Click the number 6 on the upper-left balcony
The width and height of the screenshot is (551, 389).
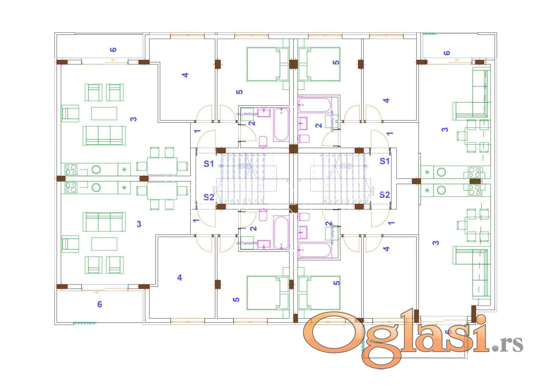[113, 50]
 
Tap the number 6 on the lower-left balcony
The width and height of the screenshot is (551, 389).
[99, 304]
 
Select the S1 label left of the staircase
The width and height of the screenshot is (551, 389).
[209, 164]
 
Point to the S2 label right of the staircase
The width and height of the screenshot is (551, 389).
[384, 195]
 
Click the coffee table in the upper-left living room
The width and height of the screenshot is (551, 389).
[104, 113]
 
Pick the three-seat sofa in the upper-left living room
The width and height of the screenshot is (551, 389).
[104, 135]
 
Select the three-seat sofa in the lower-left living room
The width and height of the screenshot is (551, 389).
[104, 222]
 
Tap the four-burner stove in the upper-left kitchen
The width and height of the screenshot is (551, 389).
[71, 170]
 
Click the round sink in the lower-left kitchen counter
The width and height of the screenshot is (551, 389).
[96, 187]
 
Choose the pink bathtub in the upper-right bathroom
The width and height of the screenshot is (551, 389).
[315, 105]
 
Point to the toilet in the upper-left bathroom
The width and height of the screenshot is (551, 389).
[263, 142]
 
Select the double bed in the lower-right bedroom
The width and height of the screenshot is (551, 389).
[320, 293]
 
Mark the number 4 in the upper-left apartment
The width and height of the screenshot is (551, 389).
[185, 75]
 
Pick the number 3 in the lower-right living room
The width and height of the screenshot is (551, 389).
[436, 243]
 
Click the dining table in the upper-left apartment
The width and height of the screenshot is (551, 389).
[162, 166]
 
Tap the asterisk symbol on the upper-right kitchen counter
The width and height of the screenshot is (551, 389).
[427, 172]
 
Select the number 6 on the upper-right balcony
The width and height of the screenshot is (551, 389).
[447, 53]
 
